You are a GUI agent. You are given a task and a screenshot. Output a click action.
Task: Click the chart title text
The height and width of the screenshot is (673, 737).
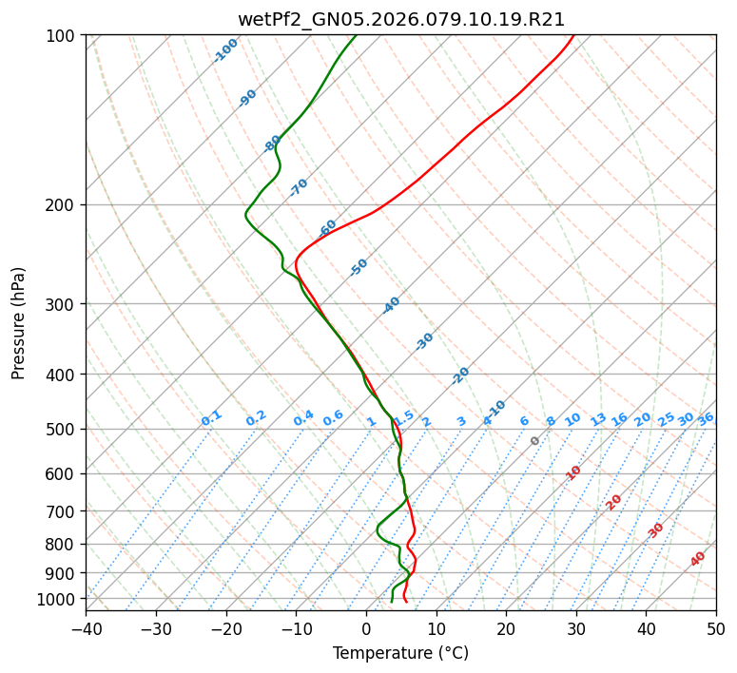pyautogui.click(x=400, y=19)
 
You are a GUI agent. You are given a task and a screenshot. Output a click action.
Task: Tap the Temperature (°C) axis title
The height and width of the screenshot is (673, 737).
pyautogui.click(x=400, y=653)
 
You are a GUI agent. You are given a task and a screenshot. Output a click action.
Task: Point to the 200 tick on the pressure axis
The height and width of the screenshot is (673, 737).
pyautogui.click(x=63, y=204)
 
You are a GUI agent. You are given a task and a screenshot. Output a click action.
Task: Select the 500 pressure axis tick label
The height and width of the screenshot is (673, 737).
pyautogui.click(x=63, y=429)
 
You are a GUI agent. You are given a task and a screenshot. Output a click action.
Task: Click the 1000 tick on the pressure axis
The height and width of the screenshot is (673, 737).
pyautogui.click(x=59, y=599)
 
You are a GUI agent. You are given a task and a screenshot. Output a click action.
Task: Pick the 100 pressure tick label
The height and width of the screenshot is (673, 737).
pyautogui.click(x=63, y=36)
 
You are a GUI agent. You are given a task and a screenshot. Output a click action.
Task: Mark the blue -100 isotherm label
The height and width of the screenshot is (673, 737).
pyautogui.click(x=225, y=50)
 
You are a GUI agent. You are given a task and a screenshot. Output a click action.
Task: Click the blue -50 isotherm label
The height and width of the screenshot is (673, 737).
pyautogui.click(x=359, y=267)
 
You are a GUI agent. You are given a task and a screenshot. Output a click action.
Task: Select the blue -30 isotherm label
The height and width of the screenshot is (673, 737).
pyautogui.click(x=424, y=341)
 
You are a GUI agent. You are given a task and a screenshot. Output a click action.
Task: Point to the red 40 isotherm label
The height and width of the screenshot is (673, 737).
pyautogui.click(x=698, y=559)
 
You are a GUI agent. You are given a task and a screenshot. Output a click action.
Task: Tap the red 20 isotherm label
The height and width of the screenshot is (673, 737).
pyautogui.click(x=613, y=501)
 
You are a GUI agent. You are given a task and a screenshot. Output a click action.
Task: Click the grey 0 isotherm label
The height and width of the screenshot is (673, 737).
pyautogui.click(x=535, y=441)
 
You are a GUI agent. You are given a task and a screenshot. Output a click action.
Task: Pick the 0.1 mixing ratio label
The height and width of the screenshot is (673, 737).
pyautogui.click(x=211, y=418)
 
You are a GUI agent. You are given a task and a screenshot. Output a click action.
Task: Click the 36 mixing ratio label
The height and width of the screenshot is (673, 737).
pyautogui.click(x=706, y=418)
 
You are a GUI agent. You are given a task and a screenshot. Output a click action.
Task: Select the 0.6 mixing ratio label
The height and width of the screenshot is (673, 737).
pyautogui.click(x=333, y=418)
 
